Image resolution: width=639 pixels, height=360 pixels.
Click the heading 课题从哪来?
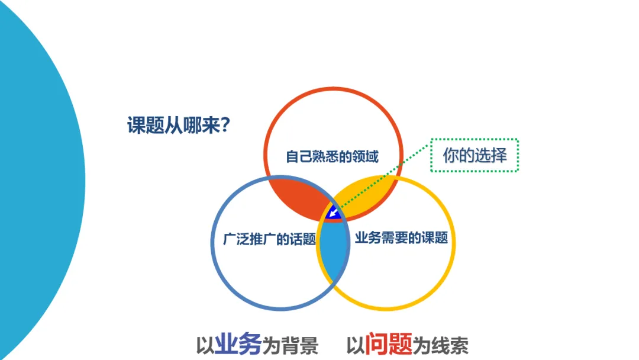[x=178, y=126]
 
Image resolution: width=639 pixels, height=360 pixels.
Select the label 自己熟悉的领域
[x=332, y=157]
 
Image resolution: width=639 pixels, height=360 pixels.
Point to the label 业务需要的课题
[x=401, y=239]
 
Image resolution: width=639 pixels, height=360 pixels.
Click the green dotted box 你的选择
[x=475, y=155]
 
